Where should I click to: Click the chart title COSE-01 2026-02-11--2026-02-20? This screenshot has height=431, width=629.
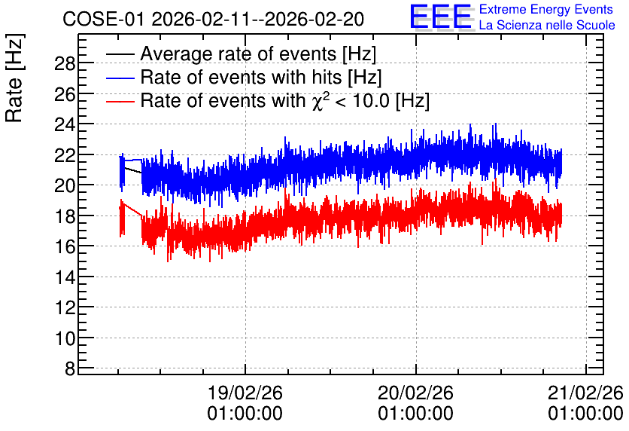[x=213, y=19]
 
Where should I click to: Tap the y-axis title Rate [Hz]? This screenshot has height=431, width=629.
[x=14, y=78]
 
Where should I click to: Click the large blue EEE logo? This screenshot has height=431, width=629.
[x=441, y=17]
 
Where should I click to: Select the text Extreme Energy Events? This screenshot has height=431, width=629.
[x=546, y=9]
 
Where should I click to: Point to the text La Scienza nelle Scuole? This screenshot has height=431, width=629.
[x=547, y=25]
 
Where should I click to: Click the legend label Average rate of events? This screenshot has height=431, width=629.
[x=258, y=53]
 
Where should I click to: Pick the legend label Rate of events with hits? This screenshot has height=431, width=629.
[x=261, y=77]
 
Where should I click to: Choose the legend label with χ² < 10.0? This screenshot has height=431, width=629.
[x=285, y=100]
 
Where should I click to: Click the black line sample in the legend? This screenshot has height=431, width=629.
[x=120, y=54]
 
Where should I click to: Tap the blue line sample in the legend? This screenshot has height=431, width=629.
[x=120, y=78]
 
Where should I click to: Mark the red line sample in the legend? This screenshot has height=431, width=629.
[x=120, y=101]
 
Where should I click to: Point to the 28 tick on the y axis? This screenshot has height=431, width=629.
[x=65, y=63]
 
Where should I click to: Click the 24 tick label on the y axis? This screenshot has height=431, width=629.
[x=65, y=124]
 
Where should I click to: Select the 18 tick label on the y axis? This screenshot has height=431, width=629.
[x=65, y=216]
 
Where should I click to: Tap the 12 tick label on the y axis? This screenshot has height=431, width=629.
[x=65, y=307]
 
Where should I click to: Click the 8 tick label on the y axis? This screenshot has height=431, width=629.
[x=70, y=368]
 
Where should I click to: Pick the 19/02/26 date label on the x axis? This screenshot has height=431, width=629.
[x=245, y=393]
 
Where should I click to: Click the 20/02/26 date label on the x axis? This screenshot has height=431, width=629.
[x=415, y=393]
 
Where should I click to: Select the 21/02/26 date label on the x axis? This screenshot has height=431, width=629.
[x=585, y=393]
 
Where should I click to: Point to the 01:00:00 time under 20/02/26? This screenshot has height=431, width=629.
[x=415, y=414]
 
